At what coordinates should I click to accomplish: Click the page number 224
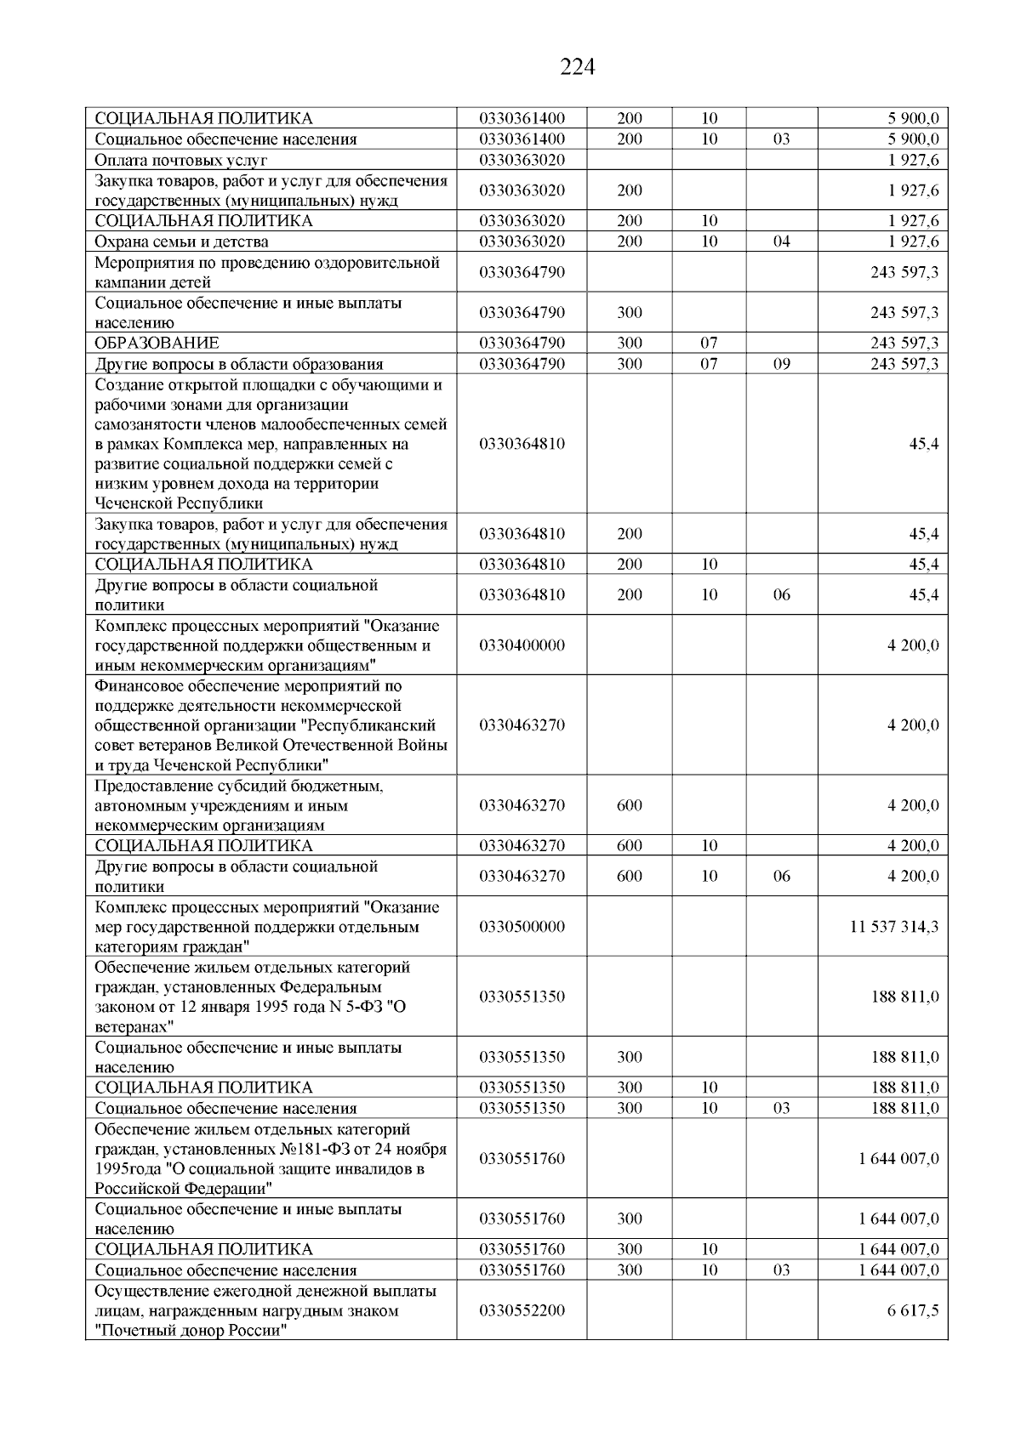(577, 67)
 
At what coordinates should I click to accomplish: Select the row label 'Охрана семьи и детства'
(181, 241)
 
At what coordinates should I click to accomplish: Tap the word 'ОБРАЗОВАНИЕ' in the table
(157, 343)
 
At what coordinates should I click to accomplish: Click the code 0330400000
(522, 645)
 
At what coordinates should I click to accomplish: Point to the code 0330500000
(522, 926)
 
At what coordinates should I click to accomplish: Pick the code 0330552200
(522, 1310)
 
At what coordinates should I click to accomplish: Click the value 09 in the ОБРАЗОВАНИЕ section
(781, 364)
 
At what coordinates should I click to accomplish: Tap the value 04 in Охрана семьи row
(781, 241)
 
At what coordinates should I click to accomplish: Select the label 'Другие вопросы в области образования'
(238, 364)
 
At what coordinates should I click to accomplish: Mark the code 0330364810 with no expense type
(522, 444)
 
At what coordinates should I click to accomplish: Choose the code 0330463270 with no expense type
(522, 725)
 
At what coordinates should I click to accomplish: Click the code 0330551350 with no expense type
(522, 997)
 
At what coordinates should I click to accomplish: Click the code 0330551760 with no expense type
(522, 1159)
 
